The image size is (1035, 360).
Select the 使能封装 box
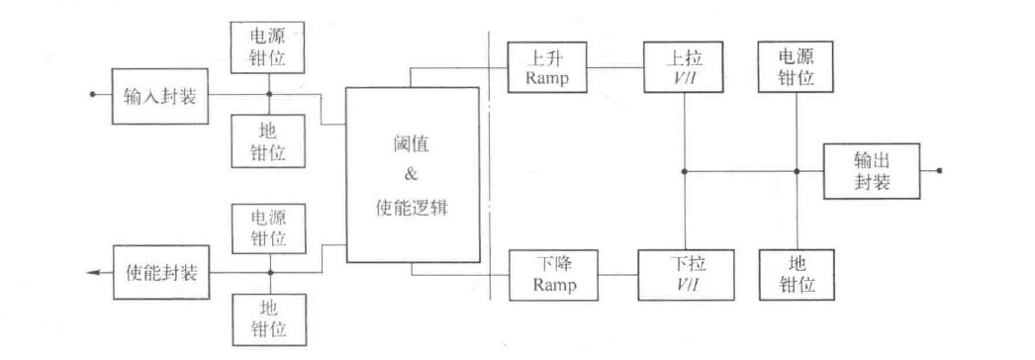(x=161, y=272)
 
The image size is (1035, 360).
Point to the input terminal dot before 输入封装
(x=92, y=96)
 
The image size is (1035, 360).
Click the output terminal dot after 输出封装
(x=939, y=170)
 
